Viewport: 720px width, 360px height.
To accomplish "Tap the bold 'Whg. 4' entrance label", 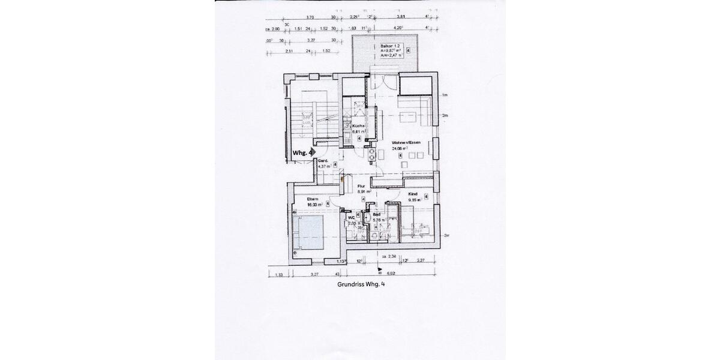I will [302, 153].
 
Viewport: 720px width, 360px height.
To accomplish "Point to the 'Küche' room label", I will [358, 125].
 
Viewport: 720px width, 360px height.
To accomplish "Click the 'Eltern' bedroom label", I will [313, 199].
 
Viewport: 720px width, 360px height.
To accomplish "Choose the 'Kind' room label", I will [412, 195].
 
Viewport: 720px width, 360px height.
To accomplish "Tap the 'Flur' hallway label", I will [361, 187].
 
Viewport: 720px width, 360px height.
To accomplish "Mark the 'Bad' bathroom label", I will [377, 214].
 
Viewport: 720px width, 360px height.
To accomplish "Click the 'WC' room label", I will [352, 217].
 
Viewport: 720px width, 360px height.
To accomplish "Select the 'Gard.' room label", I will [322, 161].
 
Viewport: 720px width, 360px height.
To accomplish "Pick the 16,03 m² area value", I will [314, 205].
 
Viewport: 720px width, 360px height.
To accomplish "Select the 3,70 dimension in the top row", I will [310, 17].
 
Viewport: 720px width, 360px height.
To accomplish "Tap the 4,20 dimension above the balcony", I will [397, 28].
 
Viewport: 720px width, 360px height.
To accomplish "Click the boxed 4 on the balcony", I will [409, 51].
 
